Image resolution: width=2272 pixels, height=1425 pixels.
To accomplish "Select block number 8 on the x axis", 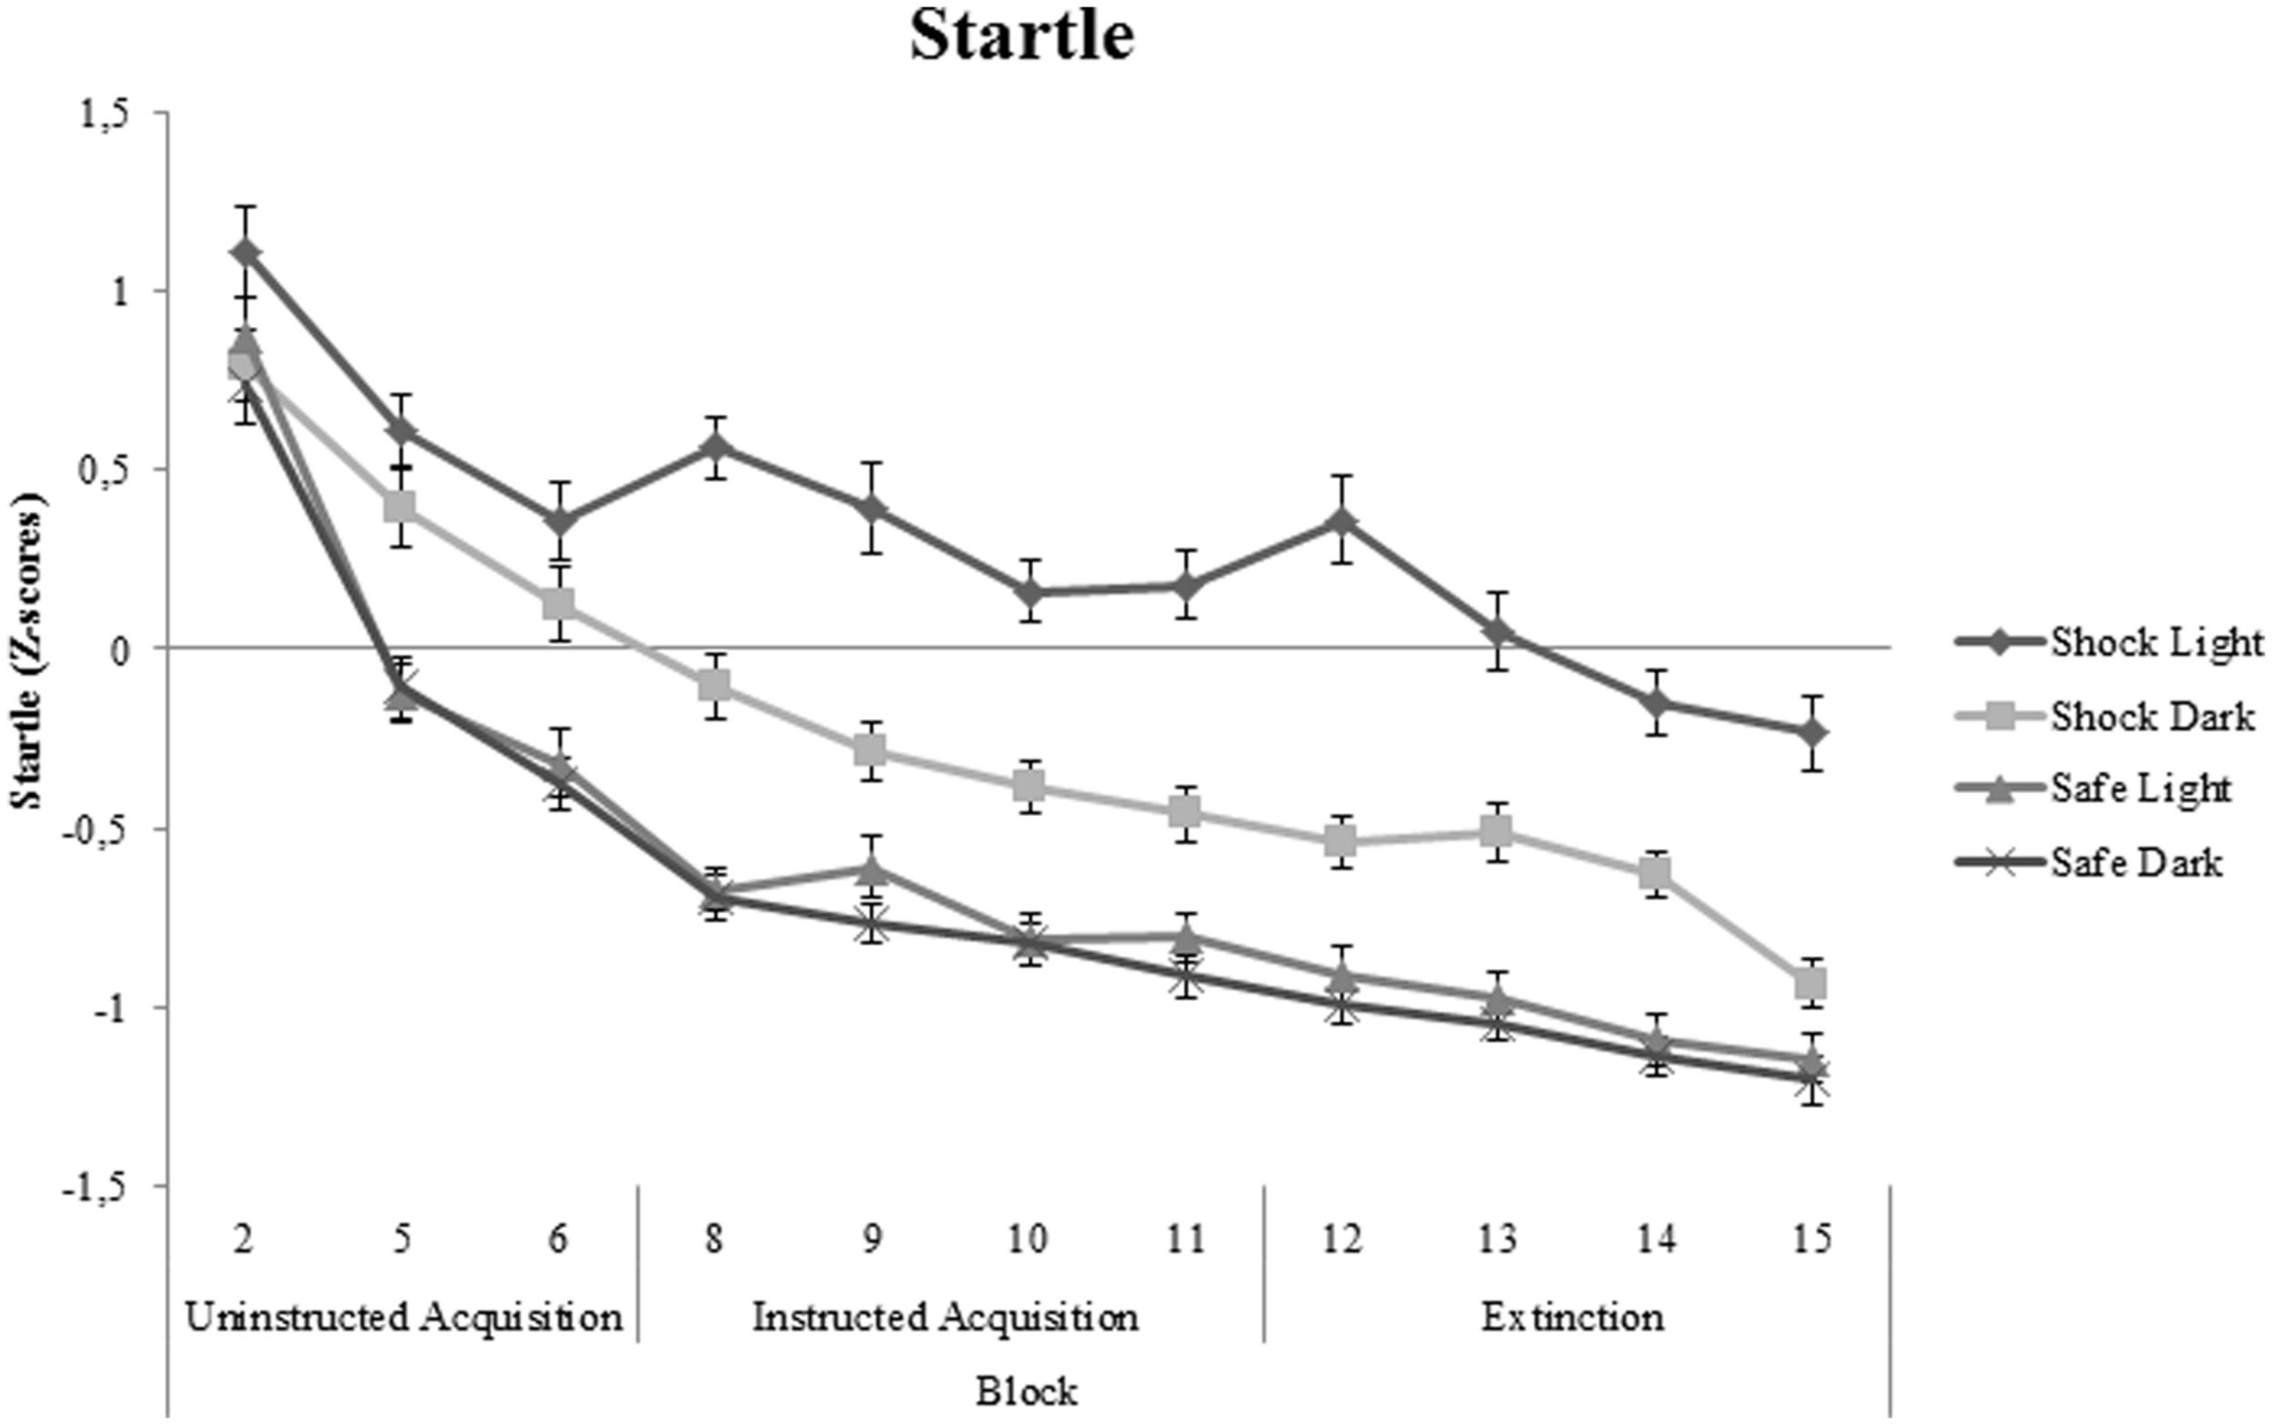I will [714, 1239].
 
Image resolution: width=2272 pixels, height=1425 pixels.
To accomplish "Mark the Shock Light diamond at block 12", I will [1342, 520].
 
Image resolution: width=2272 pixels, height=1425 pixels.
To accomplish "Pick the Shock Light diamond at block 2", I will [245, 253].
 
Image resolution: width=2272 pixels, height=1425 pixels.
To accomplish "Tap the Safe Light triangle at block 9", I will [872, 867].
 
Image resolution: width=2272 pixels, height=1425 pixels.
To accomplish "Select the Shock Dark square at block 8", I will [714, 685].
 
